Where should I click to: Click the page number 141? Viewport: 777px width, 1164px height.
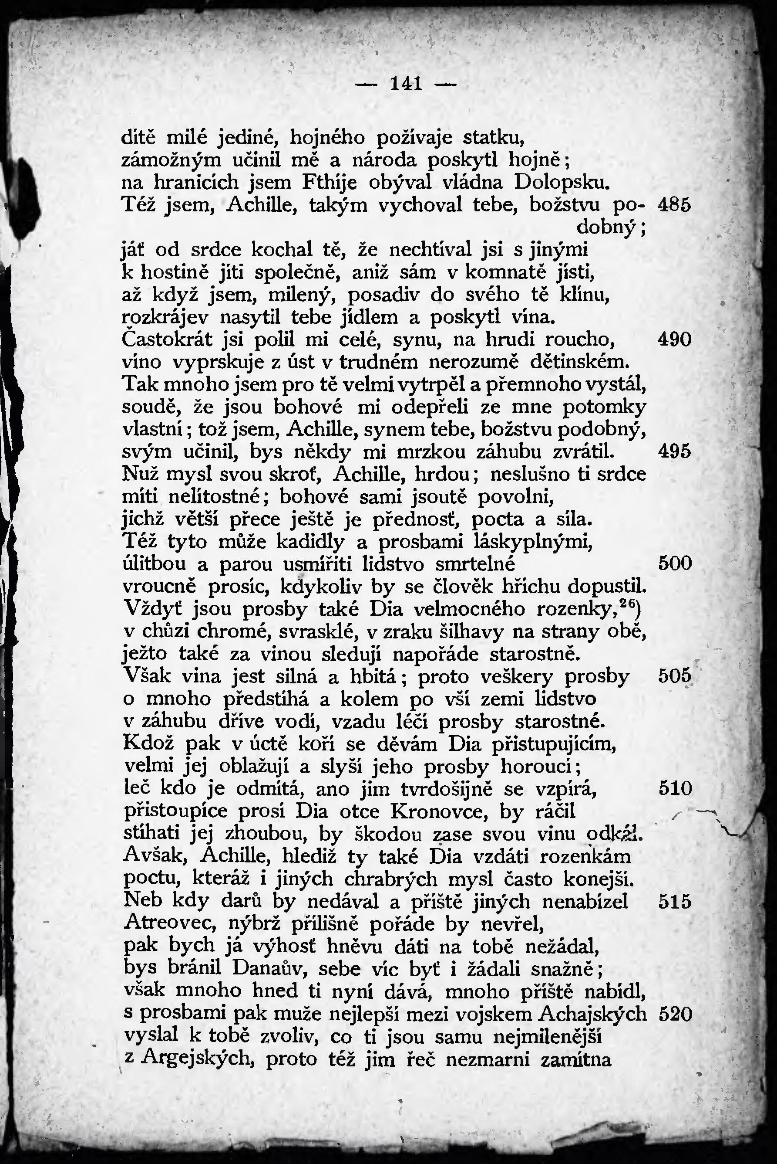(x=406, y=84)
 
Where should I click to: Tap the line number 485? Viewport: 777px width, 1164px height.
(x=674, y=205)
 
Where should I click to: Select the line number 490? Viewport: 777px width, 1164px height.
(x=674, y=340)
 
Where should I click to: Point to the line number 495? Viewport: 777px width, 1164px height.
(x=674, y=452)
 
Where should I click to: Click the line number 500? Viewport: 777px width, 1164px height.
(x=675, y=563)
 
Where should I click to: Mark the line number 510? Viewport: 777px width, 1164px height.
(x=675, y=788)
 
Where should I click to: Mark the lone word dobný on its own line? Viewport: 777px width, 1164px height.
(x=608, y=227)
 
